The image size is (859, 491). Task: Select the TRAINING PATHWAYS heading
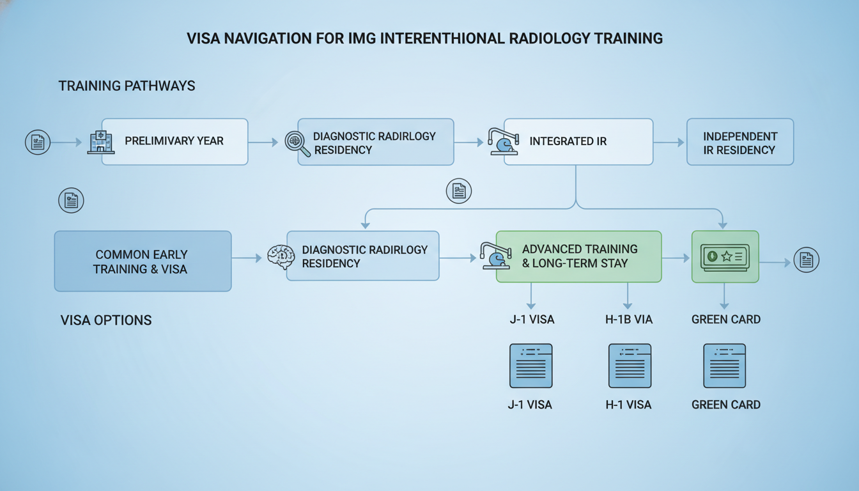point(127,86)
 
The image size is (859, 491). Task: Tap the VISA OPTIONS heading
point(106,320)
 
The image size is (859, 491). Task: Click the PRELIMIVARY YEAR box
point(174,141)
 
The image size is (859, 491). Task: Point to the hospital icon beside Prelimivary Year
point(100,142)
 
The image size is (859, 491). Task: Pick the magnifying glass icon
point(297,143)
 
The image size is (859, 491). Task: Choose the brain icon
point(281,257)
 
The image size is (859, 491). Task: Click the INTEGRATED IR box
point(578,141)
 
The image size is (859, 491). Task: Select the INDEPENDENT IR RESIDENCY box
point(739,143)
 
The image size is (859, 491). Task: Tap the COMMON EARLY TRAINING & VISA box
point(143,261)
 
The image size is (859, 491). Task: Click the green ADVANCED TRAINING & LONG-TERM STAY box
point(579,256)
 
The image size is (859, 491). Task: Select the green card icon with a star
point(725,257)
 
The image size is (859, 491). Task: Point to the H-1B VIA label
point(628,319)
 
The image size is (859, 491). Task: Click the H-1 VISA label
point(628,405)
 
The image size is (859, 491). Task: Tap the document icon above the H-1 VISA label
point(630,366)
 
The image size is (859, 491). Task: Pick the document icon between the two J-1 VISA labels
point(530,366)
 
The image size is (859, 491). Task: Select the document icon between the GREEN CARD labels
point(724,366)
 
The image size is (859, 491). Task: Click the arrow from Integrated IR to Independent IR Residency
point(669,143)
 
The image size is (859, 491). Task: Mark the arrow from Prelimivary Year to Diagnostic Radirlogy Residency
point(263,142)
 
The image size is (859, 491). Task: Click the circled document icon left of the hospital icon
point(38,142)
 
